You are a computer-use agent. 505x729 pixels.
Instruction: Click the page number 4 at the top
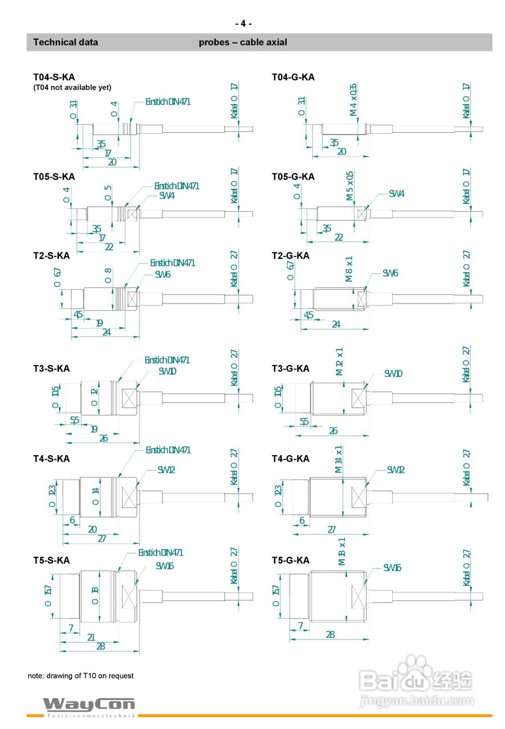[243, 23]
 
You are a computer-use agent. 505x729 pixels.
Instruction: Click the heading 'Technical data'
[66, 42]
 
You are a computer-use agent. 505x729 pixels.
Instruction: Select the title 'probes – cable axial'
[243, 42]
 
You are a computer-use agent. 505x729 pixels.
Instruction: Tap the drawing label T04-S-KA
[54, 77]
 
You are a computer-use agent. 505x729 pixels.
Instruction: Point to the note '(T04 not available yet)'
[72, 87]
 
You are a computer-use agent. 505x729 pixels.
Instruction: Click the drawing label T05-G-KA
[293, 177]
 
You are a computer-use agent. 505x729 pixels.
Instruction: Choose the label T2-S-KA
[51, 256]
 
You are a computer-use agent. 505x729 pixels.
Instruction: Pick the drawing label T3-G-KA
[291, 368]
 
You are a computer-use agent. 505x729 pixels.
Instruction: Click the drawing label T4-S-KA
[51, 458]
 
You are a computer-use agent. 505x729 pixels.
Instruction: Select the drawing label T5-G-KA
[291, 560]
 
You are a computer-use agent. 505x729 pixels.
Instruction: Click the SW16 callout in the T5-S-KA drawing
[165, 566]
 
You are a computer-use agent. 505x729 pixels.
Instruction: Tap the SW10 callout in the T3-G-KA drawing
[393, 374]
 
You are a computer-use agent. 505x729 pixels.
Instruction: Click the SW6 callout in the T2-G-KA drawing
[390, 273]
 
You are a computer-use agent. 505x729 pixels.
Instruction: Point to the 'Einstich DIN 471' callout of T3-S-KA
[167, 360]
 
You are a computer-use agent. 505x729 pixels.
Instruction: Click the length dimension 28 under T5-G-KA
[330, 634]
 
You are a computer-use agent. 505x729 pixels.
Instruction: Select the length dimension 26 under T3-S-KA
[103, 438]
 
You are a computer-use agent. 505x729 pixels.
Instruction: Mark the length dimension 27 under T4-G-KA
[332, 529]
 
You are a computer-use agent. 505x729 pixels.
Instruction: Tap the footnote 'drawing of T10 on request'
[81, 676]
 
